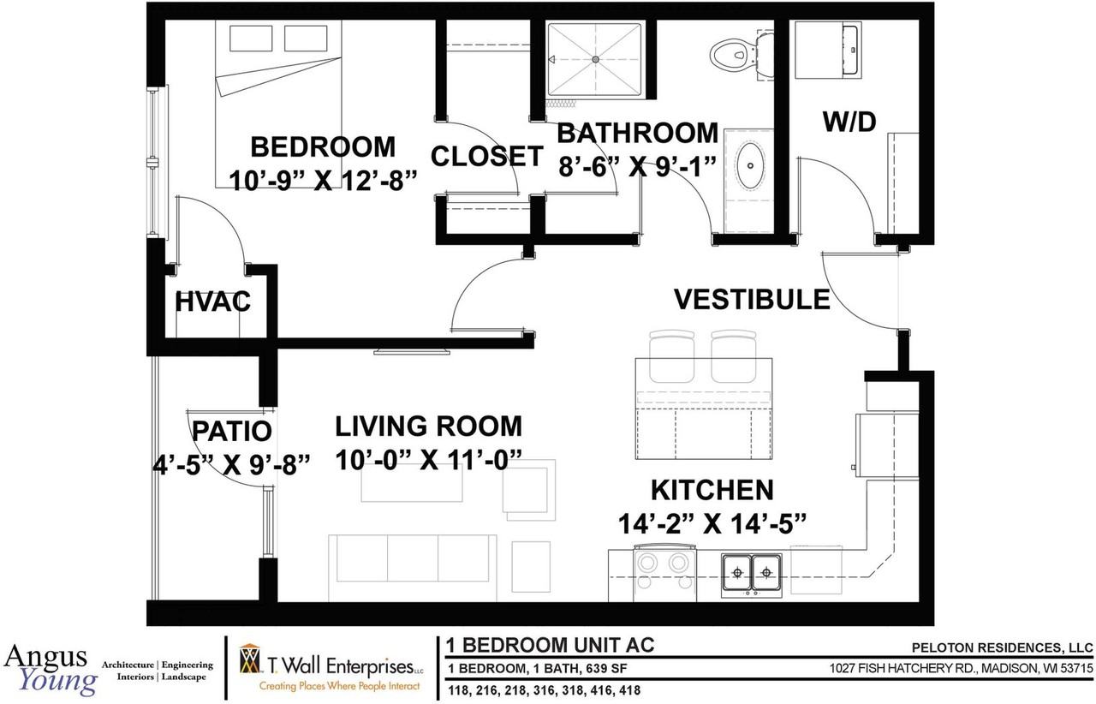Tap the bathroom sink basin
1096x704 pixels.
coord(750,165)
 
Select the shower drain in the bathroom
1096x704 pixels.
coord(595,59)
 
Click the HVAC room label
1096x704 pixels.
coord(213,301)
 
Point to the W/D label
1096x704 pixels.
coord(849,122)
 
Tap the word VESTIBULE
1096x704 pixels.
coord(752,299)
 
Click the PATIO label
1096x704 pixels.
coord(231,431)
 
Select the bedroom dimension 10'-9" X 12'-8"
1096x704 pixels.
coord(324,180)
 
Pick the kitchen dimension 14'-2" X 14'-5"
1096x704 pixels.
coord(712,524)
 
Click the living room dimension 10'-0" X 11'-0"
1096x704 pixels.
coord(429,460)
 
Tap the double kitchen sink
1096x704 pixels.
coord(752,573)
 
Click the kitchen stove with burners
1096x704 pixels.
coord(665,573)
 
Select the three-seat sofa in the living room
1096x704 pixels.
coord(413,567)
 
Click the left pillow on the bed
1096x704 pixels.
coord(251,39)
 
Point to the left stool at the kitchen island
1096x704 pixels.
coord(671,356)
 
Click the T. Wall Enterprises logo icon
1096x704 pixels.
coord(250,659)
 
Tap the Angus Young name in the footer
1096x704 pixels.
coord(51,669)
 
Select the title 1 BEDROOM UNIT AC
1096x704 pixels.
coord(550,645)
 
